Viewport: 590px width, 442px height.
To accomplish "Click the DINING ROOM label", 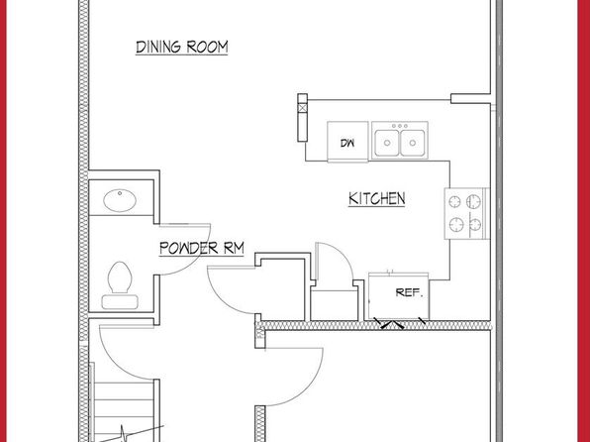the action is pos(182,48).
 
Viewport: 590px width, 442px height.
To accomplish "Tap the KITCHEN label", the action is pos(376,198).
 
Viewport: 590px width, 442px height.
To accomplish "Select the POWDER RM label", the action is pos(202,248).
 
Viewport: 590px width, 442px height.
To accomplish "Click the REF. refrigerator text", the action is pos(410,292).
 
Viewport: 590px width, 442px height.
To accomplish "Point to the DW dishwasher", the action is pos(347,142).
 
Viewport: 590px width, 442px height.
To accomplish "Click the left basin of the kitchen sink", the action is pos(386,143).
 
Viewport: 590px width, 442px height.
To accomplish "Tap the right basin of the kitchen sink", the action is pos(413,143).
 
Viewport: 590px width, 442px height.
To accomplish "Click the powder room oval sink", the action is pos(120,200).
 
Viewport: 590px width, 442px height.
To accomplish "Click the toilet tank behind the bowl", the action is pos(120,302).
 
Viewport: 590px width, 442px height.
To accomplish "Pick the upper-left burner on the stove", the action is pos(455,201).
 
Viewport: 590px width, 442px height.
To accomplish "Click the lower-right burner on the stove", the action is pos(475,225).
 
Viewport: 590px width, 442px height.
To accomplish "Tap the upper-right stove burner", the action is pos(474,201).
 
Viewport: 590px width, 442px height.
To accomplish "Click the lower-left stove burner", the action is pos(456,225).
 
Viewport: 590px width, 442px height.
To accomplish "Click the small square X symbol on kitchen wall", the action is pos(303,108).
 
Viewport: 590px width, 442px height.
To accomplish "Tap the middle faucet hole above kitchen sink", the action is pos(400,126).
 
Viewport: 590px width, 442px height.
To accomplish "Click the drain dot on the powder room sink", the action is pos(120,193).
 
